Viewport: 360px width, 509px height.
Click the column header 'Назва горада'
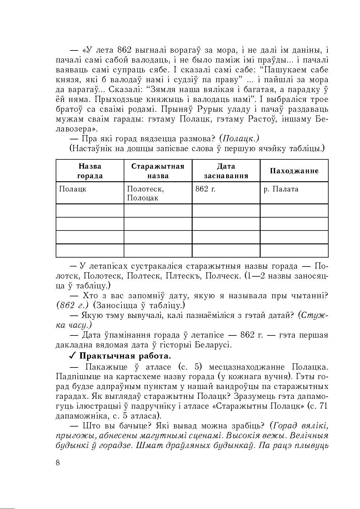90,171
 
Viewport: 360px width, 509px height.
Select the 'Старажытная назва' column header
158,171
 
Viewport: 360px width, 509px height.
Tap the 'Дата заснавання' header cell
226,171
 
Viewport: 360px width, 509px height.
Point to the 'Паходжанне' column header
294,171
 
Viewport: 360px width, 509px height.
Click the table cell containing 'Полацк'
90,193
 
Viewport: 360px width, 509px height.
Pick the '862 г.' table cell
226,193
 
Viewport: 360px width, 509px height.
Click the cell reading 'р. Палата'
294,193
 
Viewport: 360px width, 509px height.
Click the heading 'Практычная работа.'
125,356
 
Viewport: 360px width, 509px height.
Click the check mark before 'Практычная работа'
73,356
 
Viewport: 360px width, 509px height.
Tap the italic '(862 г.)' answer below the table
73,305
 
